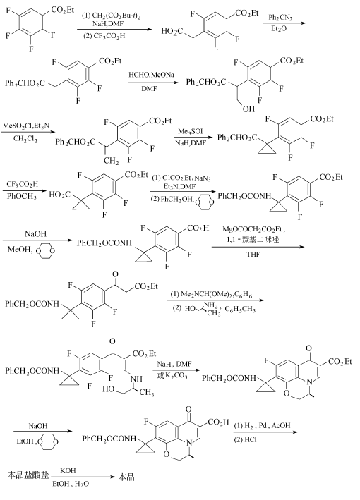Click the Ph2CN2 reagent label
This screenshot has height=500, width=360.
[x=280, y=17]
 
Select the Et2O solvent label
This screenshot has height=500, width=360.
[x=279, y=29]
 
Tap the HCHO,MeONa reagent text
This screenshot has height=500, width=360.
[x=151, y=75]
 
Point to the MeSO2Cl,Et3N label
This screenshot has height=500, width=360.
[x=26, y=126]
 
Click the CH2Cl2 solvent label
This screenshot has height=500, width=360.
[x=25, y=139]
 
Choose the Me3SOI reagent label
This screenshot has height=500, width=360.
[x=190, y=131]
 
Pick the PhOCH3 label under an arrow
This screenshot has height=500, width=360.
[x=22, y=196]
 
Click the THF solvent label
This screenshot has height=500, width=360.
[x=253, y=254]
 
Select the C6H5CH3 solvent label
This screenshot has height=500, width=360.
[x=240, y=310]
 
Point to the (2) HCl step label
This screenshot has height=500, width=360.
[x=246, y=439]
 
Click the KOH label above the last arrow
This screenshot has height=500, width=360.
[x=68, y=470]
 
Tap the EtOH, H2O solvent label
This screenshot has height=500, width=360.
[x=71, y=484]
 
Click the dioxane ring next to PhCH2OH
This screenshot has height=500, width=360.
[x=205, y=202]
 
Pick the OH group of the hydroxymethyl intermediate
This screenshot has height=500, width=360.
[x=248, y=109]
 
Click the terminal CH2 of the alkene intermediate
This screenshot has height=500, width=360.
[x=111, y=161]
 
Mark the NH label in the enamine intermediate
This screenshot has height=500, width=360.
[x=137, y=379]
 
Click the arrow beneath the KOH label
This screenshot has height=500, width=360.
[x=83, y=477]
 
